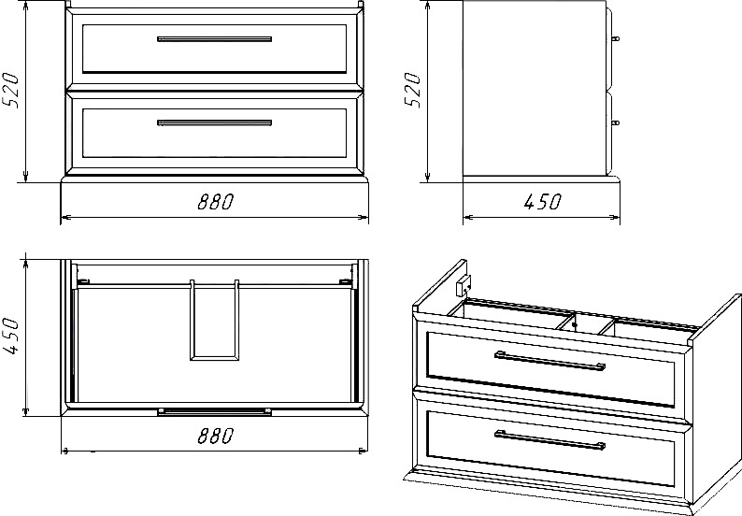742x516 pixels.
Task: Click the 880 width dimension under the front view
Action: [216, 202]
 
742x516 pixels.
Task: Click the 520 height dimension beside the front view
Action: [11, 91]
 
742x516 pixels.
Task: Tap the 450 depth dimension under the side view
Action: [542, 202]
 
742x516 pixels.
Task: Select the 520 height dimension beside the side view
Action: [412, 90]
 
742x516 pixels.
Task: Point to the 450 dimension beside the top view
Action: [11, 337]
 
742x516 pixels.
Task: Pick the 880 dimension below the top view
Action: [216, 436]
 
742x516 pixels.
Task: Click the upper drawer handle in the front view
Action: [214, 39]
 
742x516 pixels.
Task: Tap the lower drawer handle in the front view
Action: [214, 122]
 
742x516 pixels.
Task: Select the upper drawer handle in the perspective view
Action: [549, 361]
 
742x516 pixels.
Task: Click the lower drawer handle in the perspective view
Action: [549, 439]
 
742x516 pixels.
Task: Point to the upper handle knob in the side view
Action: [616, 39]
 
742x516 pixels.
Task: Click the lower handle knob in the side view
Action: [616, 122]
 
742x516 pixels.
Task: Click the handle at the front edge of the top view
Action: [214, 411]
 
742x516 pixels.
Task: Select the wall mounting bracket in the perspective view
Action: [464, 285]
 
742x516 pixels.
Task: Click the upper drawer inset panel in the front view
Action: [214, 49]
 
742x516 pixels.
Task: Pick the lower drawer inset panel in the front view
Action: [214, 133]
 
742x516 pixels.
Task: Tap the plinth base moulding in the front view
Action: [214, 179]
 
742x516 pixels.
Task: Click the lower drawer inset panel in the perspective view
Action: [550, 449]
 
